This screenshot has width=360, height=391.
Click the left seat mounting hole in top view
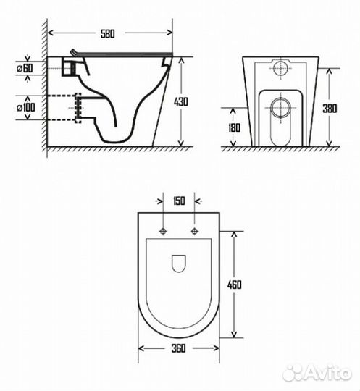tap(164, 232)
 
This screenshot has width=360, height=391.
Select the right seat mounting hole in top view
tap(193, 232)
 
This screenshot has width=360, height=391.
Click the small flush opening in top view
tap(178, 264)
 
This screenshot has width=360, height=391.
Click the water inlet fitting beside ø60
tap(70, 68)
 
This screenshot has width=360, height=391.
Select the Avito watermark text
tap(326, 371)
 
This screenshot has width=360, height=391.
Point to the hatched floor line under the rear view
tap(279, 149)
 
